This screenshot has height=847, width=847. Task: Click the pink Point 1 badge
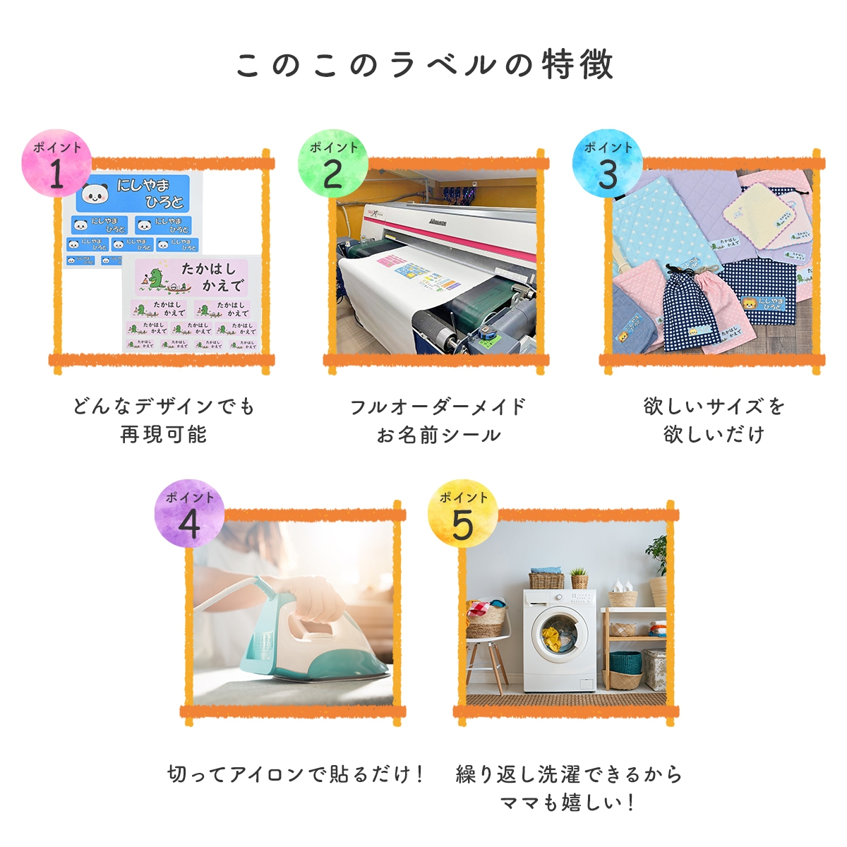pos(56,164)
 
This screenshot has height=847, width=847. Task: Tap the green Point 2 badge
pos(332,164)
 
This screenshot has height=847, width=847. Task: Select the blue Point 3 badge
pos(607,164)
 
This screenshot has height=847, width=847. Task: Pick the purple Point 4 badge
pos(189,514)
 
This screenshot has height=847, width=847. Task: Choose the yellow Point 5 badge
pos(462,514)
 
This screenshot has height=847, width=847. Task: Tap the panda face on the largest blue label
pos(94,193)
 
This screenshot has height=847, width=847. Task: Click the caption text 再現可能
pos(163,434)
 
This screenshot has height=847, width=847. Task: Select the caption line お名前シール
pos(438,434)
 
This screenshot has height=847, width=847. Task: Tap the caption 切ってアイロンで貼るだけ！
pos(296,774)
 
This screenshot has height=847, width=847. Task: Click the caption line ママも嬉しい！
pos(568,803)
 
